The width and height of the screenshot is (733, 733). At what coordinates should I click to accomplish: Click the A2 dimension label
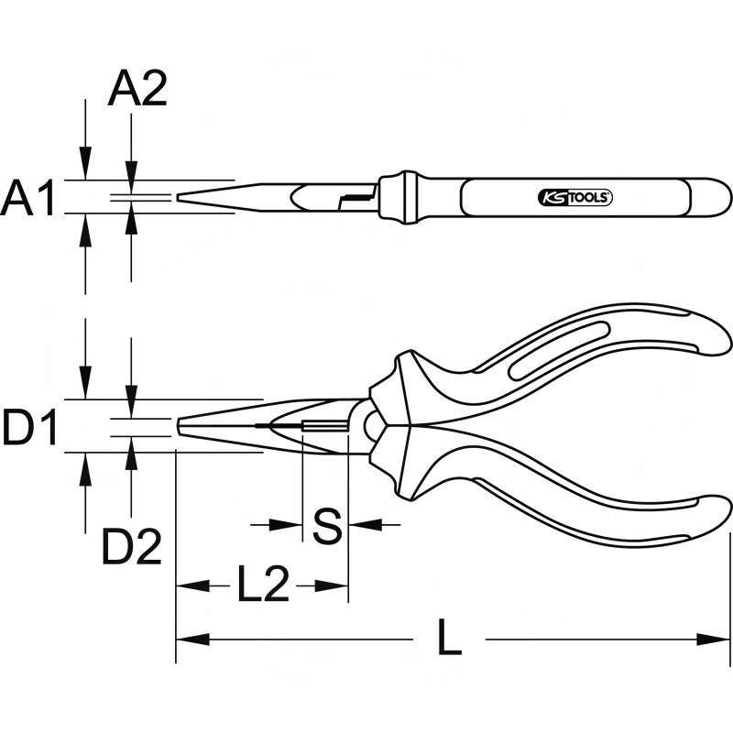click(x=137, y=90)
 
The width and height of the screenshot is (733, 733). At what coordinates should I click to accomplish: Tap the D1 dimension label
click(x=30, y=428)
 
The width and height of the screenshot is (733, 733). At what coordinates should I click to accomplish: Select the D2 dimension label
click(x=131, y=548)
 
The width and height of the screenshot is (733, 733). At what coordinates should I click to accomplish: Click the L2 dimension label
click(x=263, y=585)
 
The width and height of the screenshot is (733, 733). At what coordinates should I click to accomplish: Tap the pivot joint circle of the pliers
click(x=372, y=425)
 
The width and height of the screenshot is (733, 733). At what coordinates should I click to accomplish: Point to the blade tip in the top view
click(x=181, y=197)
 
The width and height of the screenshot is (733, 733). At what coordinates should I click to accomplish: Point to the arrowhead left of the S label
click(x=291, y=525)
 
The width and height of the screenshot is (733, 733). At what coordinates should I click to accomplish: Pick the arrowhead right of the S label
click(x=358, y=525)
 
